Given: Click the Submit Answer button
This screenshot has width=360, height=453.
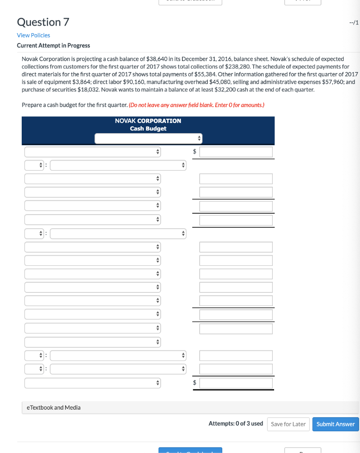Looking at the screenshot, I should click(336, 424).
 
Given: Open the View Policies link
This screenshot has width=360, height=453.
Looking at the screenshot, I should click(33, 35).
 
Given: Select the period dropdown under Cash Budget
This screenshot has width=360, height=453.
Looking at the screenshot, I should click(148, 138).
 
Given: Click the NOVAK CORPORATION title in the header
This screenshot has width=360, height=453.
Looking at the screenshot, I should click(148, 121).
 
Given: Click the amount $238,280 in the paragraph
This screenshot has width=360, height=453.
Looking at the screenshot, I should click(239, 66).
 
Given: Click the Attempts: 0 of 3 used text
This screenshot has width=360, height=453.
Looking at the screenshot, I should click(236, 424).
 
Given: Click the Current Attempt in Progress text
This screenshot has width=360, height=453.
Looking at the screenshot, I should click(53, 46).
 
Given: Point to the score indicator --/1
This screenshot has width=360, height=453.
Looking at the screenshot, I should click(353, 23).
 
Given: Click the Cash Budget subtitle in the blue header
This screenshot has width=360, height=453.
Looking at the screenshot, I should click(148, 128).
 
